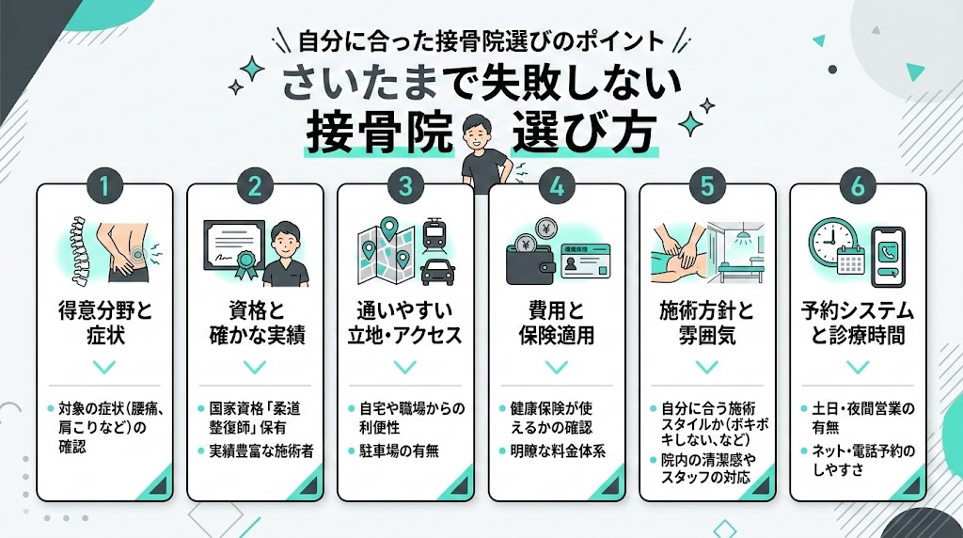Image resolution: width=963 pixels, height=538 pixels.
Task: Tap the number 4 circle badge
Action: tap(557, 185)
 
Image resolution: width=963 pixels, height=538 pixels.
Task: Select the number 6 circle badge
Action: tap(858, 185)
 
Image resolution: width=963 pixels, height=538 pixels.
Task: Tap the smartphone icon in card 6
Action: tap(888, 257)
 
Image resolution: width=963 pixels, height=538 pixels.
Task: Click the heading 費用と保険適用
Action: tap(557, 323)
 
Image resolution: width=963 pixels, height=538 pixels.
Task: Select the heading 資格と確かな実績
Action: tap(255, 323)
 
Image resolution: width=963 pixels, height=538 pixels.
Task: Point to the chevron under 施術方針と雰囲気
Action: tap(707, 366)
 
